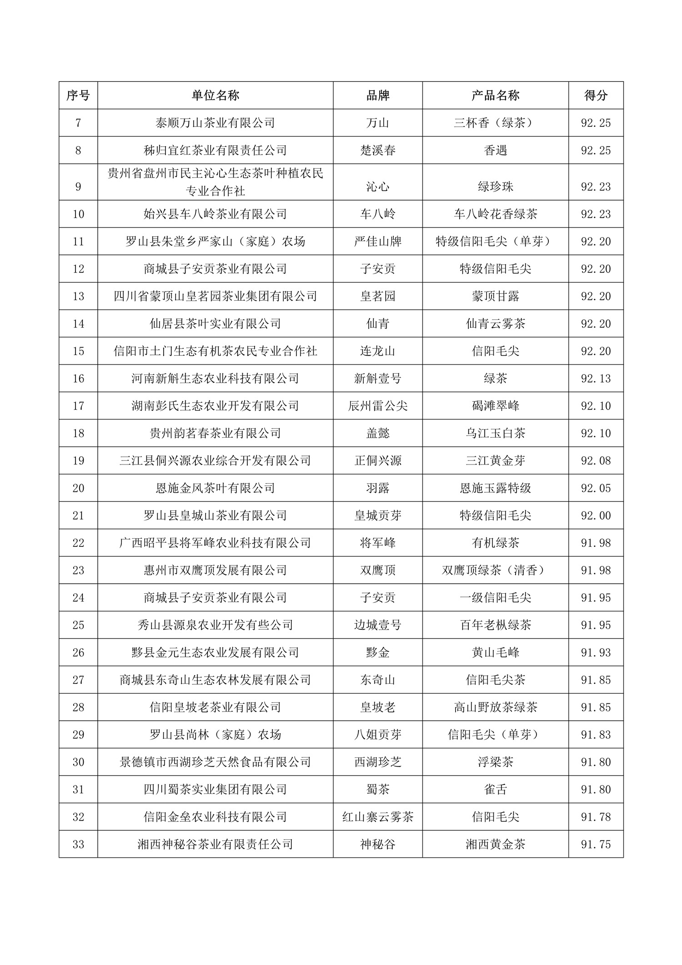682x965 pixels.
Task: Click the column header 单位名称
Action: pyautogui.click(x=215, y=96)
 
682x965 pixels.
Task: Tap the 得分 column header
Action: pyautogui.click(x=596, y=96)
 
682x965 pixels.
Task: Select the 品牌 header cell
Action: pyautogui.click(x=378, y=96)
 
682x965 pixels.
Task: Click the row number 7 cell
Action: pyautogui.click(x=78, y=123)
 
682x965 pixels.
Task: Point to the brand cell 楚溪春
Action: pyautogui.click(x=378, y=151)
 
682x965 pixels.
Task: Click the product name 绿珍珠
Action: pyautogui.click(x=496, y=187)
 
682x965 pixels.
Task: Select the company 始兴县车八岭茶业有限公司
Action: pyautogui.click(x=215, y=214)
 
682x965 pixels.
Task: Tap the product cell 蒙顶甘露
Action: pyautogui.click(x=496, y=297)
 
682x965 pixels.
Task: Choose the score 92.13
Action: pyautogui.click(x=596, y=379)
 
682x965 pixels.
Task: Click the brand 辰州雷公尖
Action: pyautogui.click(x=378, y=406)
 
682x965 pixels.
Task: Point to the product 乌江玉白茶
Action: pyautogui.click(x=496, y=433)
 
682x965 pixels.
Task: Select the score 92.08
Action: pyautogui.click(x=596, y=461)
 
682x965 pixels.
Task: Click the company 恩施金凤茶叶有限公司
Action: pyautogui.click(x=215, y=488)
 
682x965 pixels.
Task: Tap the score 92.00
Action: pyautogui.click(x=596, y=515)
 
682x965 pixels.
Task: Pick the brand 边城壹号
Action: pyautogui.click(x=378, y=625)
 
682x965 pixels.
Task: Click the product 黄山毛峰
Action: pyautogui.click(x=496, y=652)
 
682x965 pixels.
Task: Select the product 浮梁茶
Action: pyautogui.click(x=496, y=762)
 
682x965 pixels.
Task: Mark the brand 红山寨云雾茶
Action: pyautogui.click(x=378, y=817)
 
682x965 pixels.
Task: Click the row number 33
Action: pyautogui.click(x=78, y=844)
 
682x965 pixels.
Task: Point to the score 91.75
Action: pyautogui.click(x=596, y=844)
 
